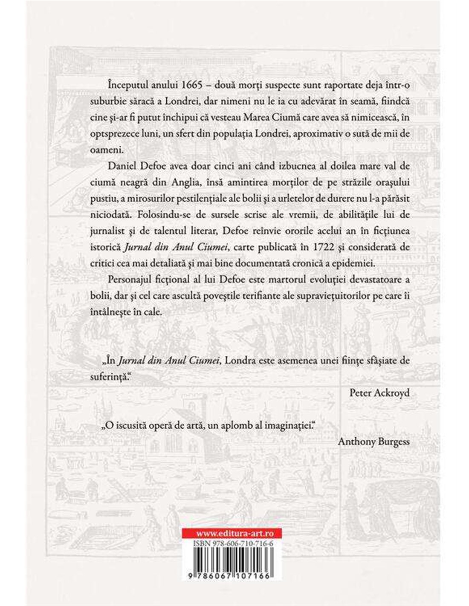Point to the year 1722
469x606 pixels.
click(306, 250)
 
